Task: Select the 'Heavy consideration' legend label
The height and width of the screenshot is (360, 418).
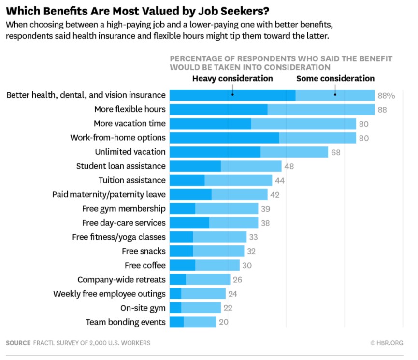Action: pyautogui.click(x=232, y=78)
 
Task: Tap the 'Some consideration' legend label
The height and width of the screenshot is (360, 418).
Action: pyautogui.click(x=335, y=78)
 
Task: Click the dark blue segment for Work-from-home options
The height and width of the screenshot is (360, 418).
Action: pyautogui.click(x=224, y=138)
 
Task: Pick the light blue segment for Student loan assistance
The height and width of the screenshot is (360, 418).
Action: pyautogui.click(x=251, y=166)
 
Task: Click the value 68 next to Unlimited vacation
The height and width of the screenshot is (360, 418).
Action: pyautogui.click(x=336, y=152)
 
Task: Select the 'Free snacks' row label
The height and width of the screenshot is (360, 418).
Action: pyautogui.click(x=144, y=251)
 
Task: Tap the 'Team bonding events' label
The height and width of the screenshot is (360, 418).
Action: pyautogui.click(x=126, y=322)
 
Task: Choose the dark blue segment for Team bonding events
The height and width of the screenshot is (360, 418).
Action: pyautogui.click(x=176, y=322)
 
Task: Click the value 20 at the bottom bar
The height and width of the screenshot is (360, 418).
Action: pyautogui.click(x=223, y=322)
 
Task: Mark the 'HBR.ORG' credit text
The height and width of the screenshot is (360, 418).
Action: pyautogui.click(x=387, y=343)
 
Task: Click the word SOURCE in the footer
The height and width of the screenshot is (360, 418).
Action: pyautogui.click(x=18, y=343)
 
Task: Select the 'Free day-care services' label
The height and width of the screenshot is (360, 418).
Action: pyautogui.click(x=124, y=223)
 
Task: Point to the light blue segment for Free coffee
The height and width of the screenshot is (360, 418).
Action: pyautogui.click(x=217, y=265)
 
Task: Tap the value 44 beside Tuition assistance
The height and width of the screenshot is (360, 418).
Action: pyautogui.click(x=280, y=181)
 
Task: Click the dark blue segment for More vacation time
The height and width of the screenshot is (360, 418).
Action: pyautogui.click(x=210, y=124)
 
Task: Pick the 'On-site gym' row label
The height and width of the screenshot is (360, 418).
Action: pyautogui.click(x=143, y=308)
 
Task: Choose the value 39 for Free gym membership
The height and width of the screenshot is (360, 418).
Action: pyautogui.click(x=265, y=209)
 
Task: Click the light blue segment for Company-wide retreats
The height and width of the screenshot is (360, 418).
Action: pyautogui.click(x=208, y=279)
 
